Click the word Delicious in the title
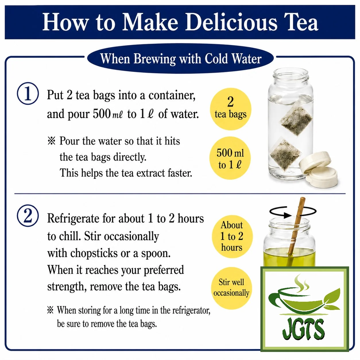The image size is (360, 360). pyautogui.click(x=231, y=22)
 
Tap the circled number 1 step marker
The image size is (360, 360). pyautogui.click(x=28, y=93)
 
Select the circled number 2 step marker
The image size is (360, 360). pyautogui.click(x=28, y=216)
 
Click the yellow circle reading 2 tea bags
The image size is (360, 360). pyautogui.click(x=230, y=109)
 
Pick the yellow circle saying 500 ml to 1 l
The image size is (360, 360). pyautogui.click(x=230, y=158)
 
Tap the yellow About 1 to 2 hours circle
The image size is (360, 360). pyautogui.click(x=232, y=237)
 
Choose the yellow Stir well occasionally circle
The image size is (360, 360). pyautogui.click(x=231, y=288)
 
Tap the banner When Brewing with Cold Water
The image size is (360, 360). pyautogui.click(x=181, y=59)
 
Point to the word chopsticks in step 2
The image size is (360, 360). pyautogui.click(x=94, y=253)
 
